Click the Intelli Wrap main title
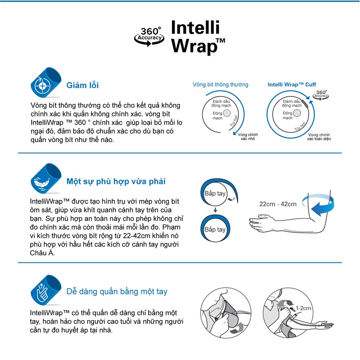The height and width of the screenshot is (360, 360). (198, 37)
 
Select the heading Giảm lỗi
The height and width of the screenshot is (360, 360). (82, 85)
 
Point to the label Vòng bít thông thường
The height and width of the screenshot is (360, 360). (220, 84)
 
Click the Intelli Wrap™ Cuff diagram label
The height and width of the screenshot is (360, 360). (292, 84)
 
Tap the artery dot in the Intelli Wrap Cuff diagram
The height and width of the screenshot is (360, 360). (297, 113)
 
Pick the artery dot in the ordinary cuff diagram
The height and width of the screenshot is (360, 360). (227, 113)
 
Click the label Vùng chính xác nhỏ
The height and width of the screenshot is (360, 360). (248, 137)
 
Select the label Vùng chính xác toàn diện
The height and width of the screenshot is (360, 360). (319, 137)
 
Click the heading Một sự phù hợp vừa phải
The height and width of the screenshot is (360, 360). (116, 181)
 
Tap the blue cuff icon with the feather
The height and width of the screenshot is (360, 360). (46, 178)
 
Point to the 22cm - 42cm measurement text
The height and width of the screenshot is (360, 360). (278, 204)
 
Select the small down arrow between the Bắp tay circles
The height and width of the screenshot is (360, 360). (215, 210)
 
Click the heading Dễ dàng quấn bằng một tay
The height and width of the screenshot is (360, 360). (117, 292)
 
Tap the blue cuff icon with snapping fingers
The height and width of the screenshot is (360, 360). (46, 290)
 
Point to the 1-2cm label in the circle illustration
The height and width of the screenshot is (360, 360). (303, 308)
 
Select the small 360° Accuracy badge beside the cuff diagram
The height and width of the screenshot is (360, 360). (321, 94)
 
